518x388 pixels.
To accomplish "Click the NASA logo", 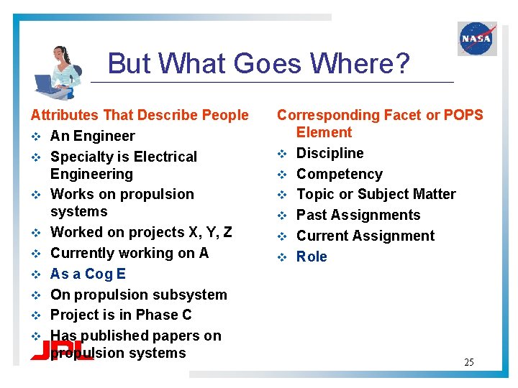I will click(477, 38).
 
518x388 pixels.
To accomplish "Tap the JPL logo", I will click(61, 350).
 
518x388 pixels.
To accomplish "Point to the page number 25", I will click(468, 362).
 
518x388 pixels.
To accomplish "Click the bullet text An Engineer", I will click(92, 136).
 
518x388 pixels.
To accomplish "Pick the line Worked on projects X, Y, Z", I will click(141, 232).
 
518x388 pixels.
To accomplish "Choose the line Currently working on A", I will click(129, 253).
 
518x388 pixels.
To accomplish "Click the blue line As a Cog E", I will click(88, 274).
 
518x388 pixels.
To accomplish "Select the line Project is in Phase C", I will click(121, 315).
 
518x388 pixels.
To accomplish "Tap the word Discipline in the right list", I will click(330, 153).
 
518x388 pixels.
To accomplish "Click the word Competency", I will click(340, 174).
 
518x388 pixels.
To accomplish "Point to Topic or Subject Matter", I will click(376, 194).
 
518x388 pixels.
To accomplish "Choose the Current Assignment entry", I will click(365, 236).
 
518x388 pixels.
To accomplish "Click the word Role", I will click(312, 257).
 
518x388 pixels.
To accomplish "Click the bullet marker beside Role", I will click(282, 257).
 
